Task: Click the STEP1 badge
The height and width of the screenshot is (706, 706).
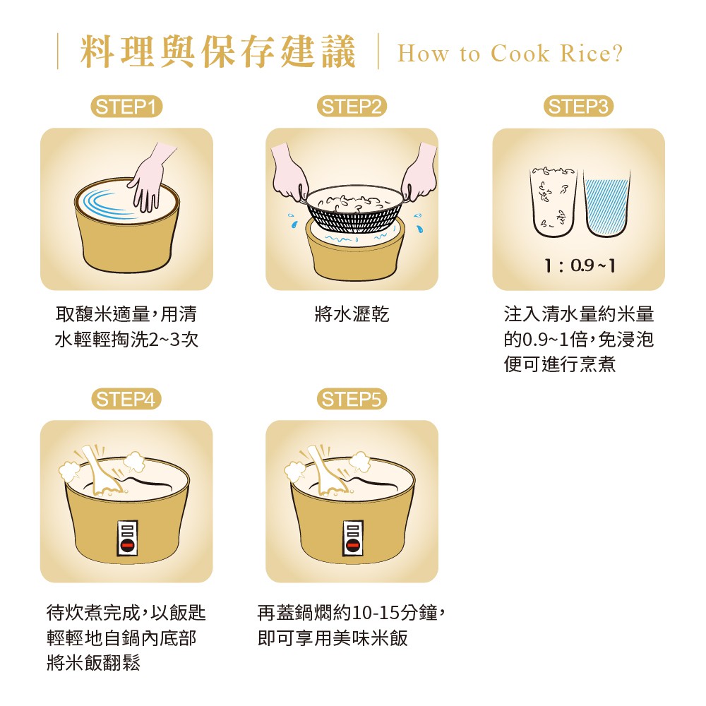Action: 126,107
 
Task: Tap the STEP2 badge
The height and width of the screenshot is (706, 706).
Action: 352,107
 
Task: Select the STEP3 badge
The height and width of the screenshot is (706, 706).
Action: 579,107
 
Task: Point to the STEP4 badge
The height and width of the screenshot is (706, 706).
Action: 126,399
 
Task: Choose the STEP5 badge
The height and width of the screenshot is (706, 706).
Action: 352,399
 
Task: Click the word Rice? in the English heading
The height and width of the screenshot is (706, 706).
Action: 591,53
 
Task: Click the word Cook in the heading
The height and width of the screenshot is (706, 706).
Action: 520,53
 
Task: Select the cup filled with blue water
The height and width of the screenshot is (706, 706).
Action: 606,203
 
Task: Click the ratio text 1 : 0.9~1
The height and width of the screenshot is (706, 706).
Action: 580,265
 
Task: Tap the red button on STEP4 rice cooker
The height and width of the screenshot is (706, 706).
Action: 127,545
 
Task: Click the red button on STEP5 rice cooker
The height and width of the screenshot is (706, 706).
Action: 353,545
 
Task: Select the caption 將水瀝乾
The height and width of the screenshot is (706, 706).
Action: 352,314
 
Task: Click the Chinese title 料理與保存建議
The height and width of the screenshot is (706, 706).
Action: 218,52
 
